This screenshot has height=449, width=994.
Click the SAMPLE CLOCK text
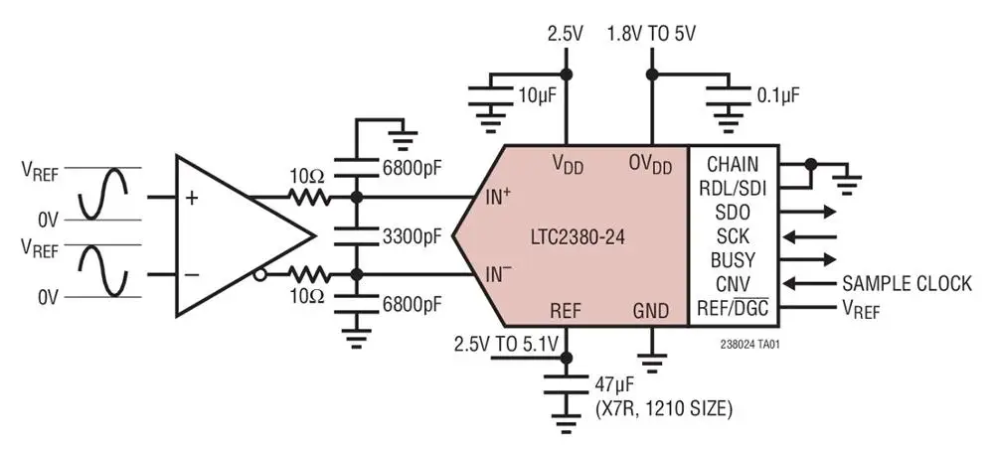click(907, 284)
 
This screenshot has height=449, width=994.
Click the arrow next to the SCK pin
click(810, 236)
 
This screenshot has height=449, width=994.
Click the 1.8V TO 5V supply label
click(652, 33)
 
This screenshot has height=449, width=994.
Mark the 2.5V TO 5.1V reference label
click(508, 344)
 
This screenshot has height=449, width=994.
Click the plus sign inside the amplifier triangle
click(192, 198)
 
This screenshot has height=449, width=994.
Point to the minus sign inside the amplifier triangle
click(192, 273)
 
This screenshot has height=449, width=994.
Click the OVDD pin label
click(652, 162)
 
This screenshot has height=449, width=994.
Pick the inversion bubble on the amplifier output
click(260, 273)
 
